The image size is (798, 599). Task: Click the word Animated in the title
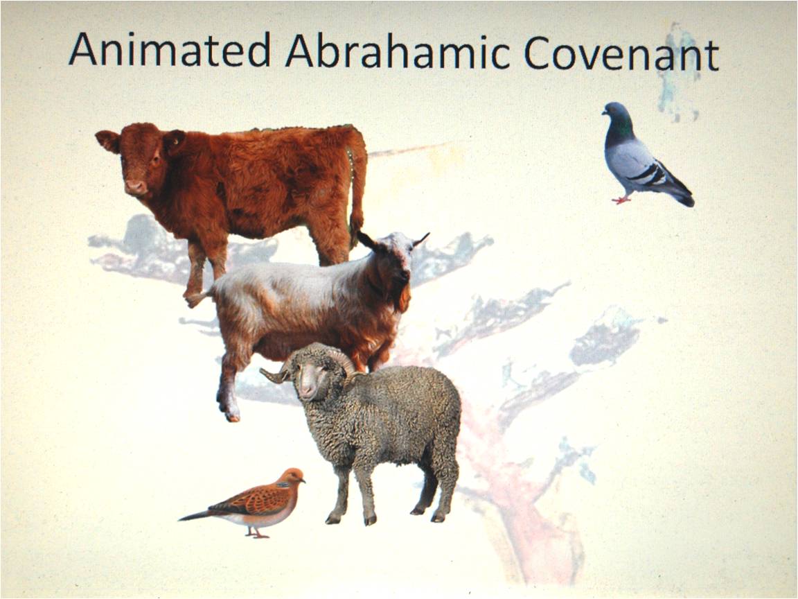click(x=169, y=50)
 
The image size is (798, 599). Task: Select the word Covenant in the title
click(x=621, y=53)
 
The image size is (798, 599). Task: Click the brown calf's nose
click(x=135, y=186)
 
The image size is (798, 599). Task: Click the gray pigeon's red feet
click(x=621, y=200)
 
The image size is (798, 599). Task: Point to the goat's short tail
click(x=197, y=299)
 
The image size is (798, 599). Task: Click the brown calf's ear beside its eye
click(x=108, y=141)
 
